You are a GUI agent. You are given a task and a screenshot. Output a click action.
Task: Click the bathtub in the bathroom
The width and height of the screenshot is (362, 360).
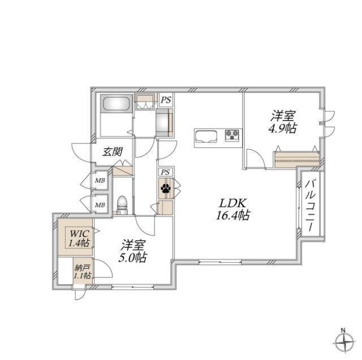[x=116, y=104]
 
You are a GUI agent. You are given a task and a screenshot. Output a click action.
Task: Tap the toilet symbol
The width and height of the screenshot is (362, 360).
[x=122, y=205]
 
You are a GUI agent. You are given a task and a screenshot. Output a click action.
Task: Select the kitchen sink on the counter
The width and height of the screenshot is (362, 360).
[x=206, y=136]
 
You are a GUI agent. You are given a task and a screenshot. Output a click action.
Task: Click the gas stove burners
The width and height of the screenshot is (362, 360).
[x=232, y=135]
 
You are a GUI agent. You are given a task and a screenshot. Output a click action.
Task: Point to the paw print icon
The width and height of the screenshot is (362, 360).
[x=166, y=188]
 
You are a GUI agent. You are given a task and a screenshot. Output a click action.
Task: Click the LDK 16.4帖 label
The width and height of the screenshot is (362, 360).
[x=232, y=209]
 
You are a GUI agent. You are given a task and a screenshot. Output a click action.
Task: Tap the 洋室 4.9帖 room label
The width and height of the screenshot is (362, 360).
[x=283, y=122]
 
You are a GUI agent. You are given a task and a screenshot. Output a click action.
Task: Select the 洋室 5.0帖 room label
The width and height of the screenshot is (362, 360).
[x=133, y=251]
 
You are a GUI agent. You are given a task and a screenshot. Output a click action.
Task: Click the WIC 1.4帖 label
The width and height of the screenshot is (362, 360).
[x=79, y=238]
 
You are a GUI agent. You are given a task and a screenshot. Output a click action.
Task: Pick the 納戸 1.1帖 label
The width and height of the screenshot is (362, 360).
[x=83, y=272]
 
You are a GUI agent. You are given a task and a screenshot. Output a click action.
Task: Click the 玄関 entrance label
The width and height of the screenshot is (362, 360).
[x=112, y=152]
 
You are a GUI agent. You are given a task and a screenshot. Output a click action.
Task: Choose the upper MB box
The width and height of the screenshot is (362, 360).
[x=100, y=181]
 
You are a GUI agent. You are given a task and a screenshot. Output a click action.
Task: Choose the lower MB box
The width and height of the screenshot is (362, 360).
[x=100, y=204]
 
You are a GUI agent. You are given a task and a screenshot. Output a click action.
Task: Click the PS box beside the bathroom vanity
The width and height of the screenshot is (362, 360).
[x=166, y=100]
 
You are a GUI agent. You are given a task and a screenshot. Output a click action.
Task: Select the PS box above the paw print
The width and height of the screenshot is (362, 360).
[x=165, y=172]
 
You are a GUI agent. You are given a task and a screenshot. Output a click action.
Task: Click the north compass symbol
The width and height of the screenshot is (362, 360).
[x=344, y=342]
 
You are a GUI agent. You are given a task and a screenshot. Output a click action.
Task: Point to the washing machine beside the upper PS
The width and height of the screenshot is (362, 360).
[x=165, y=123]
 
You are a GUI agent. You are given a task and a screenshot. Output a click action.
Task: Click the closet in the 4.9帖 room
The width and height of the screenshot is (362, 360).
[x=297, y=159]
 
